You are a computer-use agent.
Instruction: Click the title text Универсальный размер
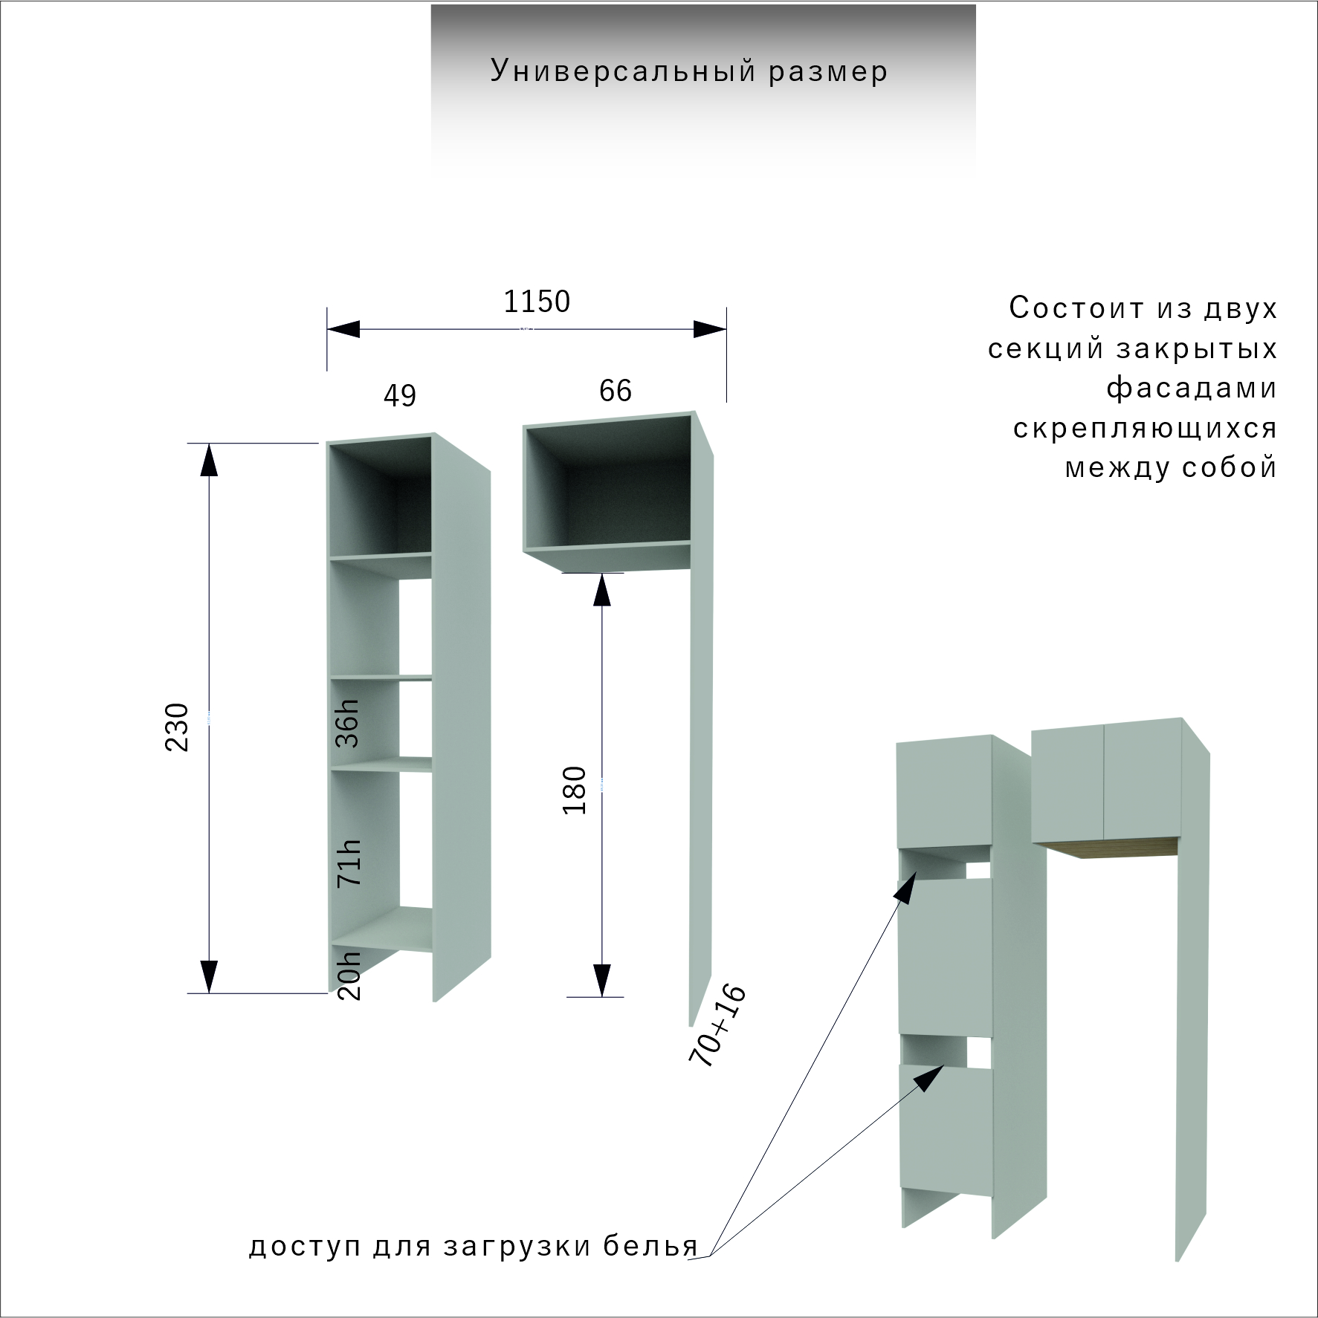click(x=689, y=71)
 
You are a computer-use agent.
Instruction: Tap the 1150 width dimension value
click(x=537, y=302)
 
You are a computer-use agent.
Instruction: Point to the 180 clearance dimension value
click(x=575, y=791)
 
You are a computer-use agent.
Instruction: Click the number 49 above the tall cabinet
click(x=400, y=395)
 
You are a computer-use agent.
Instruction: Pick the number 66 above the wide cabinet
click(x=616, y=391)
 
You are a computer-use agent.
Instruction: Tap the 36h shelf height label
click(x=347, y=723)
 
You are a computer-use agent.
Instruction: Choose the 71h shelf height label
click(x=349, y=863)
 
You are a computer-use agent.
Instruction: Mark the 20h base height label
click(x=349, y=975)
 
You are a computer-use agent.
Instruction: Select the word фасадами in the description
click(x=1192, y=388)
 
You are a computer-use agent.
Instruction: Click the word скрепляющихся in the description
click(x=1145, y=429)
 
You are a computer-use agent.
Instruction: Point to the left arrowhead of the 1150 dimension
click(x=343, y=329)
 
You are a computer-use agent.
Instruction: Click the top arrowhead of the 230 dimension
click(x=210, y=459)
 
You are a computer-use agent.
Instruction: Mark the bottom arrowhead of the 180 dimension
click(x=601, y=980)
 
